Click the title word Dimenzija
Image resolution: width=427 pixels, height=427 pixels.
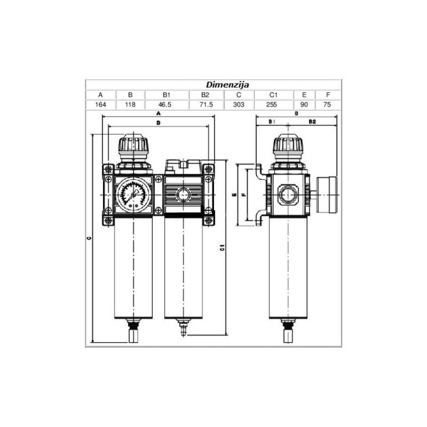point(228,84)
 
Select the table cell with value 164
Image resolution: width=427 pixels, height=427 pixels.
point(100,104)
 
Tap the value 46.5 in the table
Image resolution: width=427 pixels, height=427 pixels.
point(165,104)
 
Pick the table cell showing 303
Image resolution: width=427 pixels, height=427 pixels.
point(239,104)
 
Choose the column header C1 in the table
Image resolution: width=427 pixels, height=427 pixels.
point(273,95)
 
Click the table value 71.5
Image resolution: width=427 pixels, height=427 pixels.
point(206,104)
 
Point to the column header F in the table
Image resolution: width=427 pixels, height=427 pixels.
point(328,95)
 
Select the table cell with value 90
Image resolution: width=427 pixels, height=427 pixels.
point(304,104)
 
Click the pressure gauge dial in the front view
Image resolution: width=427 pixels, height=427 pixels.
point(134,195)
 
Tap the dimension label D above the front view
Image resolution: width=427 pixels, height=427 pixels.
point(158,123)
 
